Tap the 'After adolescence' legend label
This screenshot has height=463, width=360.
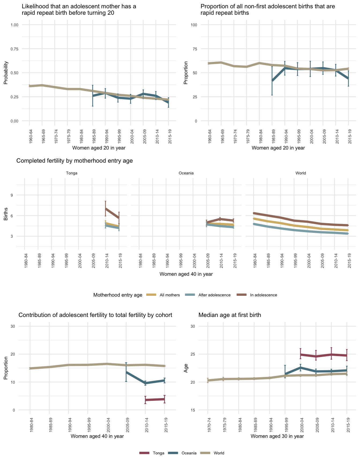[214, 295]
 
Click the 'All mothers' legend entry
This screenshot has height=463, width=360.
[170, 295]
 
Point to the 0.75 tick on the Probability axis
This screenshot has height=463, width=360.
[14, 49]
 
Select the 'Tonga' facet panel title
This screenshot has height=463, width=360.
[72, 173]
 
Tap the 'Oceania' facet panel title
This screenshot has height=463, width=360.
[186, 173]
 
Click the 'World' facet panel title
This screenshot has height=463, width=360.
[301, 173]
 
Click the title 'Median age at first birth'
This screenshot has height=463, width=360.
[230, 315]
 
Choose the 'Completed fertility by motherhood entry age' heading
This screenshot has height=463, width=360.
[74, 161]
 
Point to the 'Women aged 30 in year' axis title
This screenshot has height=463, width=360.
[277, 436]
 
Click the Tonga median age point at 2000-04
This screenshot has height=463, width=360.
[301, 354]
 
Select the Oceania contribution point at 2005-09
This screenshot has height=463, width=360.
[126, 372]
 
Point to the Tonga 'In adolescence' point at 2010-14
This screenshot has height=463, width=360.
[106, 208]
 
